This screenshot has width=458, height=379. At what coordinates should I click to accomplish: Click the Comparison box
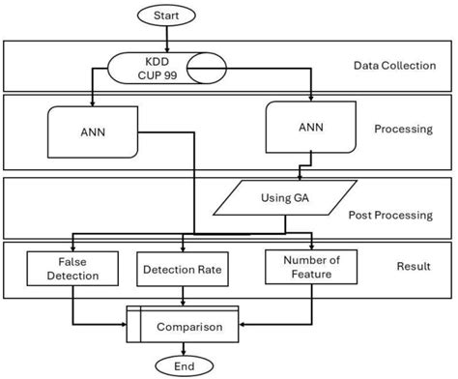[x=183, y=326]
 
